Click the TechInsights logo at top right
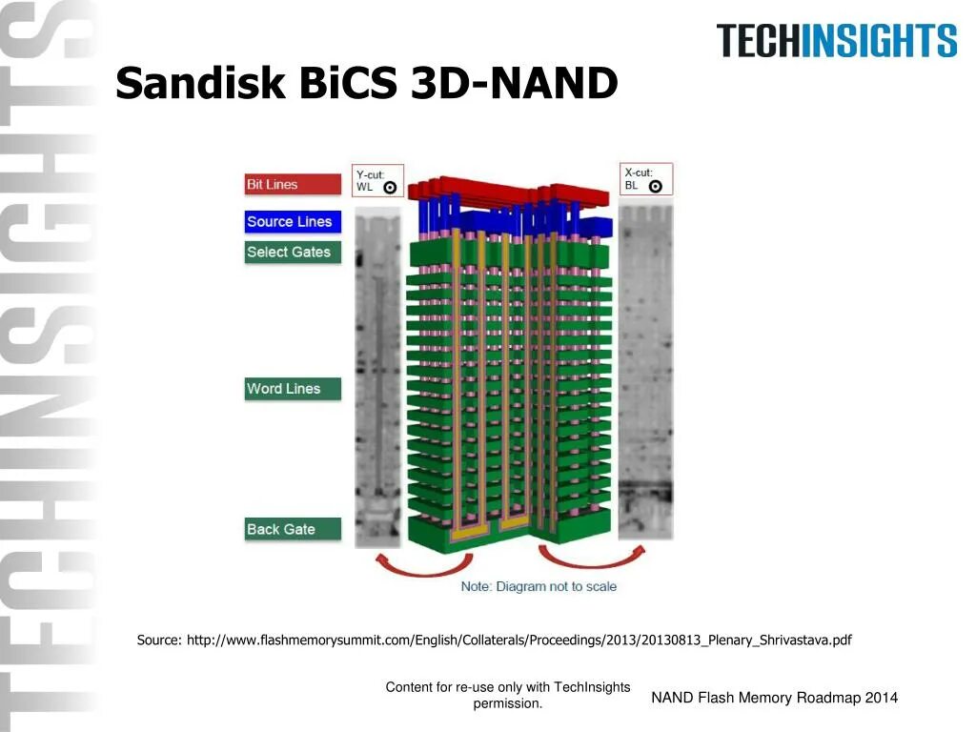(x=836, y=41)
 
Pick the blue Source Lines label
(x=292, y=222)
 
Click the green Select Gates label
(x=292, y=253)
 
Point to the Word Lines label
(x=292, y=389)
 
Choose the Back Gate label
(x=292, y=530)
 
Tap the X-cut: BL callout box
(x=646, y=179)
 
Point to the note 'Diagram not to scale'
(x=539, y=586)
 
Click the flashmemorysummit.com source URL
(x=518, y=640)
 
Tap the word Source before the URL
(x=158, y=640)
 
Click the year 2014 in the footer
(x=881, y=698)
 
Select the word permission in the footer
(x=508, y=703)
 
